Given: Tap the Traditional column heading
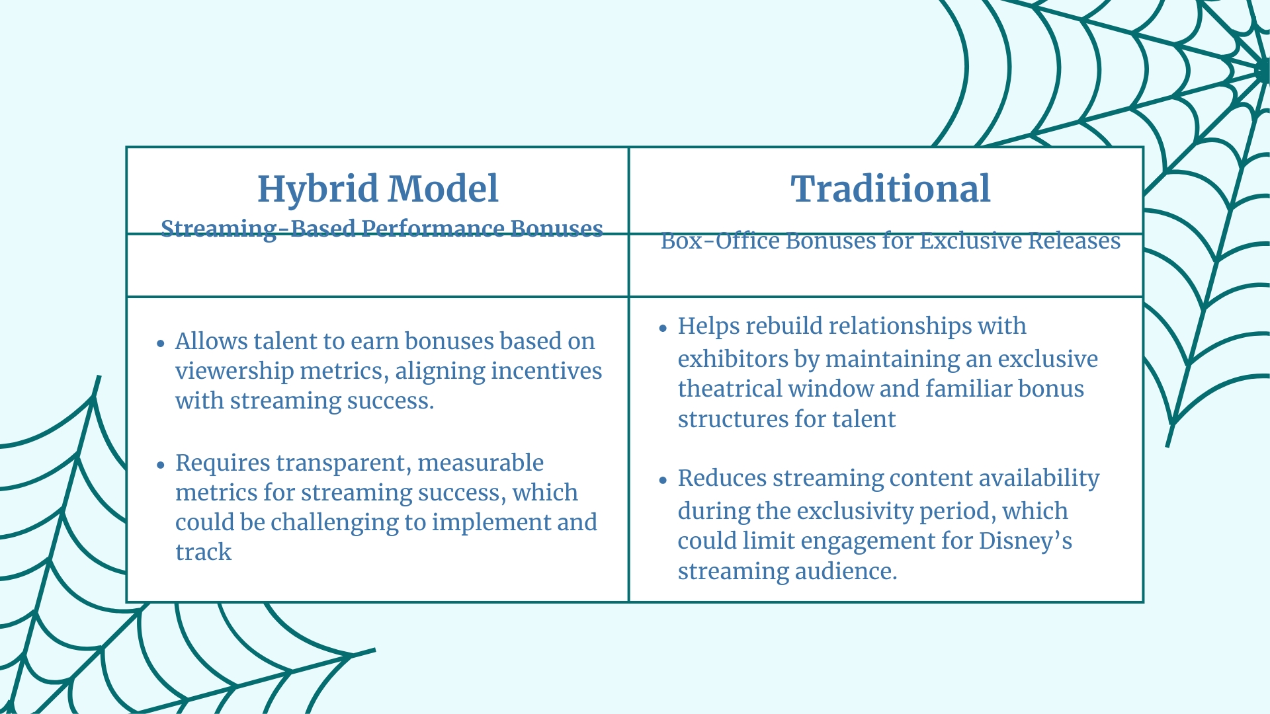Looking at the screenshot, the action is click(890, 188).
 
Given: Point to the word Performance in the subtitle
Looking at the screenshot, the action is click(433, 229).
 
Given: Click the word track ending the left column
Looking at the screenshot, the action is click(203, 552).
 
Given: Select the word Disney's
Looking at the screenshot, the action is click(1025, 541).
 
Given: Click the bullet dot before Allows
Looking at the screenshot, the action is click(160, 343).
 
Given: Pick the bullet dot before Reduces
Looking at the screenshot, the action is click(663, 481).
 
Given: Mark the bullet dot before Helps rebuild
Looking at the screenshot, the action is click(663, 328).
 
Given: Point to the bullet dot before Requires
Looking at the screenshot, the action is click(160, 465).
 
